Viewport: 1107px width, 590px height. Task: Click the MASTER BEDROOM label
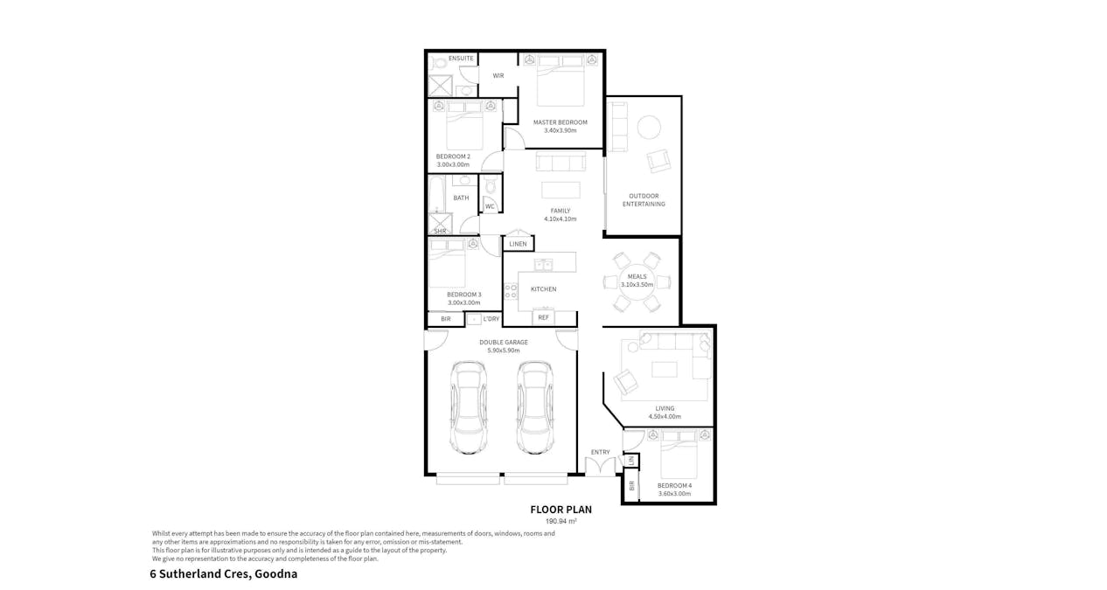coord(560,122)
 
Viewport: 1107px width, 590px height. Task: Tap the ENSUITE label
coord(461,59)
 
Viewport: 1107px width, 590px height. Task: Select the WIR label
coord(498,76)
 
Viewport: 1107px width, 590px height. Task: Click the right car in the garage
coord(535,407)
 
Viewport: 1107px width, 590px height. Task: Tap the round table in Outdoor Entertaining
coord(649,128)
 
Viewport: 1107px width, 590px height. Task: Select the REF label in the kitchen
coord(543,317)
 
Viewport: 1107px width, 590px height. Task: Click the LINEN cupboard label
coord(519,244)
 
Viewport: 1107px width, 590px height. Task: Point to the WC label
coord(490,207)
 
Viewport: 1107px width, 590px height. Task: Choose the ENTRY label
coord(600,452)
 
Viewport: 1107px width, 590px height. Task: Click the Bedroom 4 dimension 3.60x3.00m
coord(674,494)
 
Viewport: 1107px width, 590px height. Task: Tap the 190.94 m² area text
coord(560,521)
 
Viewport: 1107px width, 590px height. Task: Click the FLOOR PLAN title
coord(560,510)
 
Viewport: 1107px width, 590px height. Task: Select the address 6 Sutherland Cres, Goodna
coord(224,574)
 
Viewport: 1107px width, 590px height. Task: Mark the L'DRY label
coord(491,319)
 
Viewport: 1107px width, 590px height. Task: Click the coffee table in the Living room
coord(664,369)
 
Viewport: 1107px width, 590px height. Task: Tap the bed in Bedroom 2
coord(464,128)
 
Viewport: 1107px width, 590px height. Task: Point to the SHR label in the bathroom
coord(440,231)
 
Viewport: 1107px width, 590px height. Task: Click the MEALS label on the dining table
coord(637,277)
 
